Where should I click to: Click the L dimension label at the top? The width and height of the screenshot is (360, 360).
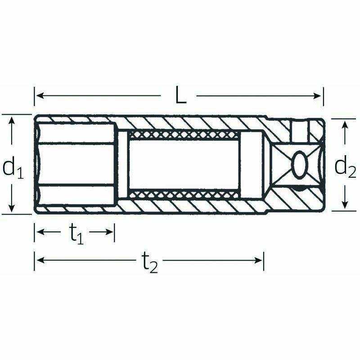coord(181,94)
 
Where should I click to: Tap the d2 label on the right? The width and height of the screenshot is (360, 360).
coord(345,166)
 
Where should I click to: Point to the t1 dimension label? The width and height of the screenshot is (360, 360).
coord(76,234)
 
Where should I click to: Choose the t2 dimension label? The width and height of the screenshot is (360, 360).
coord(150,262)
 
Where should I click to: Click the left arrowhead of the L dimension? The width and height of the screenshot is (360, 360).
coord(40,95)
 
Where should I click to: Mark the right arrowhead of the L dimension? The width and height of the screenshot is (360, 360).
coord(317,96)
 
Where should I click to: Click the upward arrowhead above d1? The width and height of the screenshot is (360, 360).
coord(12,121)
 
